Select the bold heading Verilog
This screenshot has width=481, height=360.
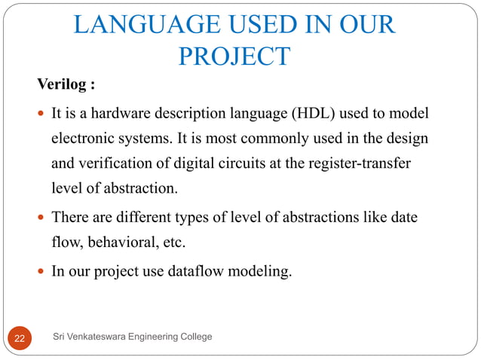(66, 84)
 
